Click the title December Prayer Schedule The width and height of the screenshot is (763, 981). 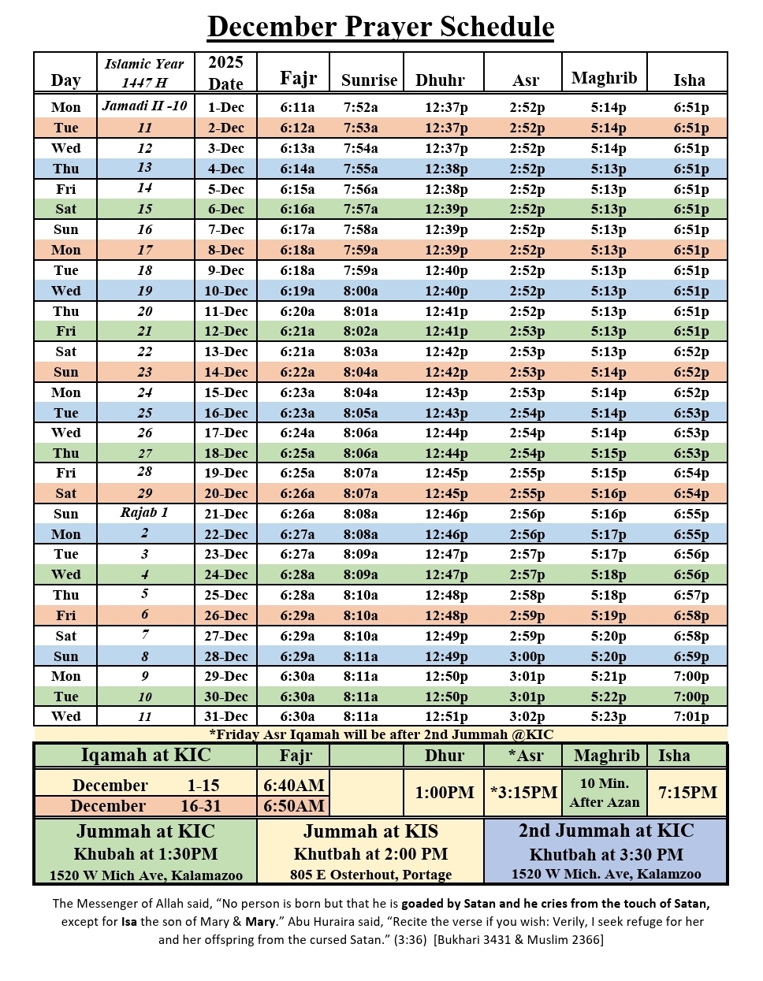[x=381, y=27]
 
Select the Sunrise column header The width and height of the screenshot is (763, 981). [x=369, y=80]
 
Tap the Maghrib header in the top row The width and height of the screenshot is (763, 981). [x=604, y=78]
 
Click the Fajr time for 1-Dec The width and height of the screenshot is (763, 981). [x=297, y=107]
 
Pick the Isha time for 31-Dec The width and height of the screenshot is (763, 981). [x=691, y=717]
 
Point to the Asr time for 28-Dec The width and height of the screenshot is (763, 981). [x=527, y=656]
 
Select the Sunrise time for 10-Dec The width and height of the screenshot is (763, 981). [x=360, y=291]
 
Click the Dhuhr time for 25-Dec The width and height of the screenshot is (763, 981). [x=446, y=596]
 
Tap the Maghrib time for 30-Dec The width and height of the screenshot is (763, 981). [x=609, y=697]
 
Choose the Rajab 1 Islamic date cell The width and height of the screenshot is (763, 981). [x=144, y=513]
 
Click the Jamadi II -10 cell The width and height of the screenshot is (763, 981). [x=145, y=106]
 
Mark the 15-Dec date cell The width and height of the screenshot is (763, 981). [x=225, y=392]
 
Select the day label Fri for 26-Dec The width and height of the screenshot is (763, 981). [x=66, y=615]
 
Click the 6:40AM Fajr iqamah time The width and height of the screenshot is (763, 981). [x=294, y=786]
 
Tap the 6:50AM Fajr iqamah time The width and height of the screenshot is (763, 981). [x=294, y=806]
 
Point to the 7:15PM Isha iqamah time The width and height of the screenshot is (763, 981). [x=687, y=793]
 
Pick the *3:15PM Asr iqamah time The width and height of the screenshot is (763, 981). [x=523, y=793]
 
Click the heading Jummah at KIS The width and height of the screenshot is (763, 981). [x=370, y=831]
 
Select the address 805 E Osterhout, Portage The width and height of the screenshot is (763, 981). [x=370, y=875]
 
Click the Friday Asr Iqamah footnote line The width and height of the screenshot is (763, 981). [x=381, y=734]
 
